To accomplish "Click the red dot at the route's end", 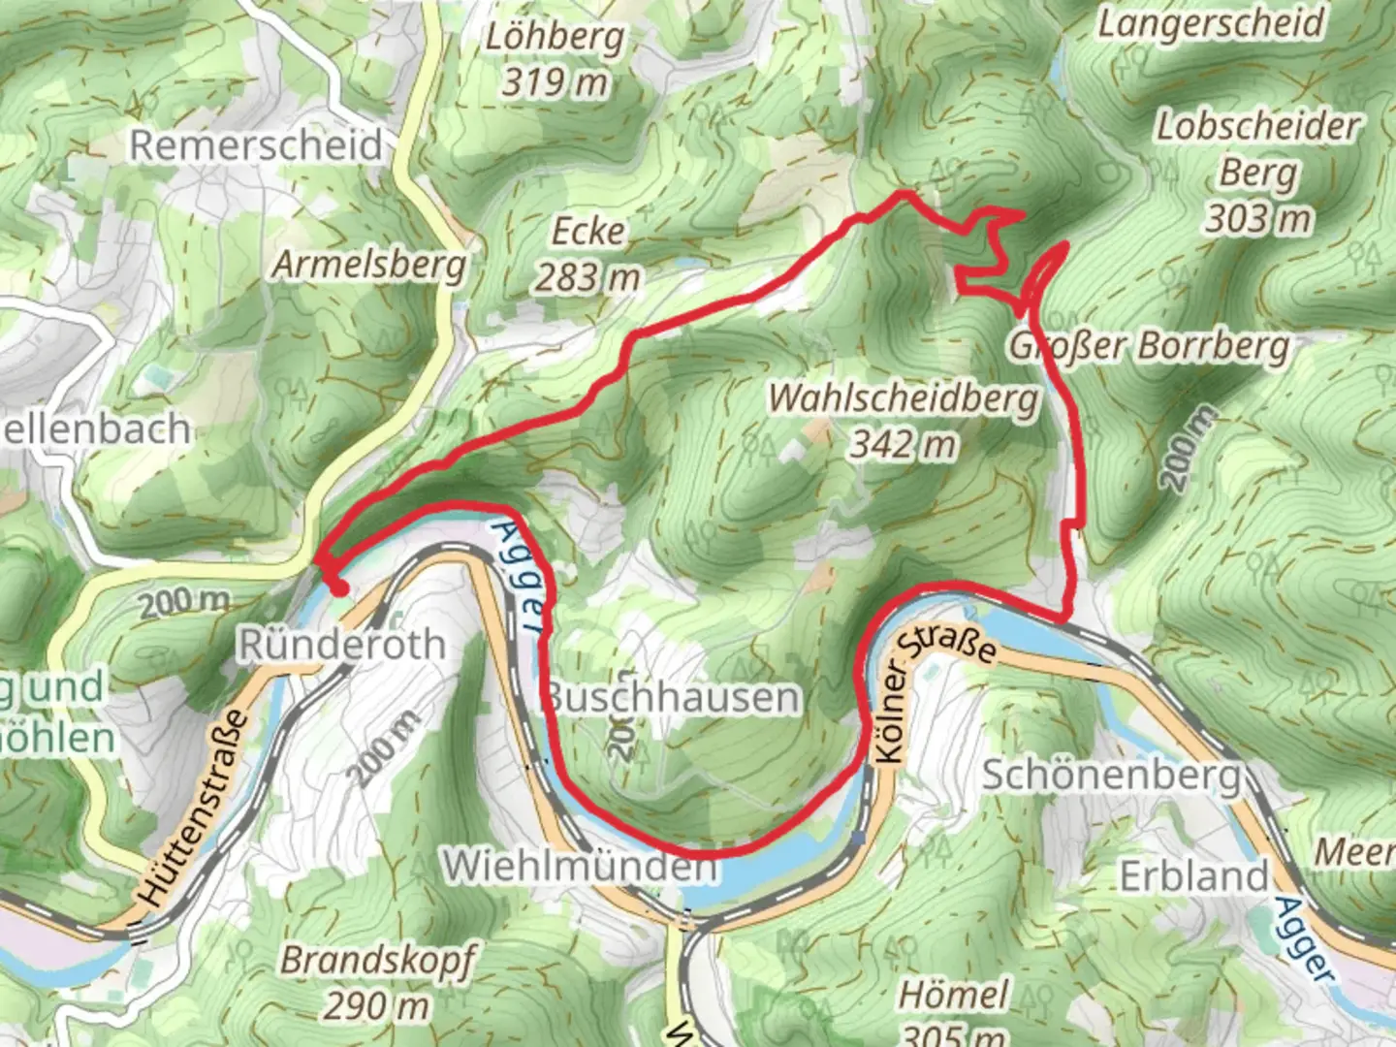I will pyautogui.click(x=338, y=587).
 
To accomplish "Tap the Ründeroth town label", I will pyautogui.click(x=341, y=644).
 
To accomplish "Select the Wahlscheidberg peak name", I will pyautogui.click(x=903, y=398).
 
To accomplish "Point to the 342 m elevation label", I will pyautogui.click(x=903, y=445).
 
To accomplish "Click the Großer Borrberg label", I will pyautogui.click(x=1150, y=345).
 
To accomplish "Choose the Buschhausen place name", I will pyautogui.click(x=673, y=697).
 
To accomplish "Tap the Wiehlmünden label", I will pyautogui.click(x=580, y=865).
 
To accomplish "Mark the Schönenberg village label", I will pyautogui.click(x=1111, y=775).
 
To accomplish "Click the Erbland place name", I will pyautogui.click(x=1193, y=876).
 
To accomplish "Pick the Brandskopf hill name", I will pyautogui.click(x=377, y=960).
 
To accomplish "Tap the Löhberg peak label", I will pyautogui.click(x=555, y=38).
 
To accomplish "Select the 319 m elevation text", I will pyautogui.click(x=554, y=83).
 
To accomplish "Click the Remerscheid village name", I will pyautogui.click(x=257, y=145).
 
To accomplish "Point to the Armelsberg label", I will pyautogui.click(x=368, y=264).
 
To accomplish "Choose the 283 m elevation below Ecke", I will pyautogui.click(x=588, y=278).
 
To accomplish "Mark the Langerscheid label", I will pyautogui.click(x=1211, y=22).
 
